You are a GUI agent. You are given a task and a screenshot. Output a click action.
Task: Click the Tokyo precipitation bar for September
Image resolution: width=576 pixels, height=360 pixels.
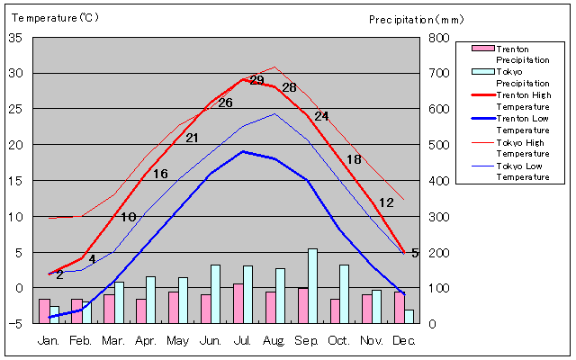[312, 286]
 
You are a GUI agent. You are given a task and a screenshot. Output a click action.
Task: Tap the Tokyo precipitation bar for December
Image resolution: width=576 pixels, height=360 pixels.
[409, 316]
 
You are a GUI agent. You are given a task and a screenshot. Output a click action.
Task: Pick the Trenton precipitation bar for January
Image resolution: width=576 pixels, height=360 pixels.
[44, 310]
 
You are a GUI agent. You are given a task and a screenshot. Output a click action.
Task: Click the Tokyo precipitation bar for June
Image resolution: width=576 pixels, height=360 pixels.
[215, 293]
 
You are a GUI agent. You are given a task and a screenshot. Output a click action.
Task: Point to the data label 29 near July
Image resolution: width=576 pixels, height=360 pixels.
[256, 80]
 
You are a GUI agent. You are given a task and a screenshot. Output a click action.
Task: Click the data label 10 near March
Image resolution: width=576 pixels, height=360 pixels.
[128, 217]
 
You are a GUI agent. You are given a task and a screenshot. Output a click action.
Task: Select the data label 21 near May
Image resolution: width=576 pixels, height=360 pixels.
[192, 138]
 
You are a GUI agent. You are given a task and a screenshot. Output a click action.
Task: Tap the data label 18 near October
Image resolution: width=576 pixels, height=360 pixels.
[354, 159]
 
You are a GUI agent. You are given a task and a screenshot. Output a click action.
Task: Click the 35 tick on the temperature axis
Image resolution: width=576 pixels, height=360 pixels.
[16, 38]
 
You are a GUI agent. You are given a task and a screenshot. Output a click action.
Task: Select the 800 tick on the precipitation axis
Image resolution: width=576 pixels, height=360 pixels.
[438, 38]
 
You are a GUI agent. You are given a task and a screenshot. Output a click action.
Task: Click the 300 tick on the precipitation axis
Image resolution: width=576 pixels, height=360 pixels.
[438, 217]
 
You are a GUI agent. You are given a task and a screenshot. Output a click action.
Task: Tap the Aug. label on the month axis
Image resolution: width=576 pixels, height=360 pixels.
[274, 341]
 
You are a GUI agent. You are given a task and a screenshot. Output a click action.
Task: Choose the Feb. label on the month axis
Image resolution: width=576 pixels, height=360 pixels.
[81, 341]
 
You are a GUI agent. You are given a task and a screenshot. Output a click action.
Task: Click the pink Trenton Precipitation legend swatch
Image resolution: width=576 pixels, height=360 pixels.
[482, 49]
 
